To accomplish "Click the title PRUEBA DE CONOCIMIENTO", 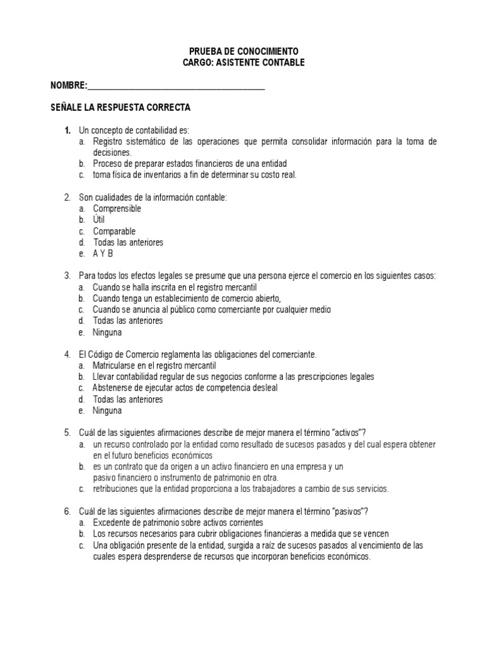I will coord(243,51).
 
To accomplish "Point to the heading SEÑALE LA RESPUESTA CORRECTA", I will coord(120,108).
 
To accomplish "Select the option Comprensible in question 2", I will coord(117,208).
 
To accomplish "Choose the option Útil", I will coord(99,220).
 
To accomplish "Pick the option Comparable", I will coord(114,231).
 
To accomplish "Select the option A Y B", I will coord(103,254).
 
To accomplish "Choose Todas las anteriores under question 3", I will coord(128,321).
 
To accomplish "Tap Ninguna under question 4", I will coord(107,411).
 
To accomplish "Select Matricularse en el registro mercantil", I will coord(154,365).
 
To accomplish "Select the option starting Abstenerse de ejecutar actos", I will coord(185,388).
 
